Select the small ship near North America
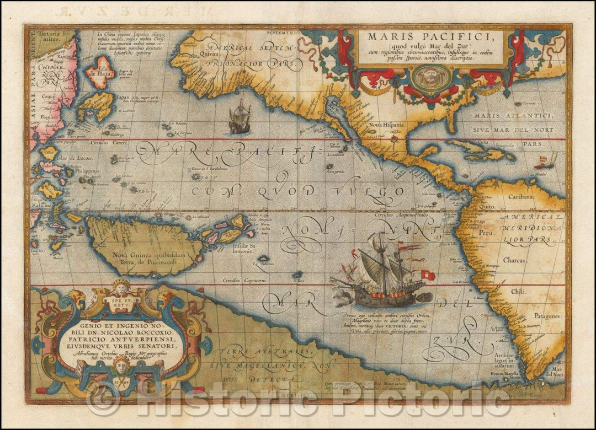239,119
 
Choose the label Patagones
546,316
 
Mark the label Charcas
518,262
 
